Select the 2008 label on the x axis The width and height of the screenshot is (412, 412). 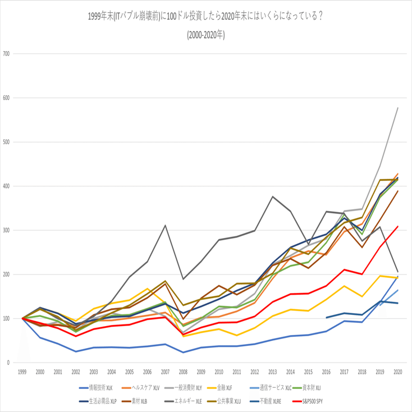point(183,372)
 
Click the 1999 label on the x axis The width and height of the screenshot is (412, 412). point(22,372)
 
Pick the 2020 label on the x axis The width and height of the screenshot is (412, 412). point(397,372)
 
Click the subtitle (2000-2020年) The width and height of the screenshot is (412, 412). point(206,35)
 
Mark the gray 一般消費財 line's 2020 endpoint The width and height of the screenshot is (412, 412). point(398,107)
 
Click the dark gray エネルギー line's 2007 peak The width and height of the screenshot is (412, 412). point(166,226)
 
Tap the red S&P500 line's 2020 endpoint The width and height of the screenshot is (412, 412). point(398,226)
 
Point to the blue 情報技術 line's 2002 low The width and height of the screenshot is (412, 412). point(76,351)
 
